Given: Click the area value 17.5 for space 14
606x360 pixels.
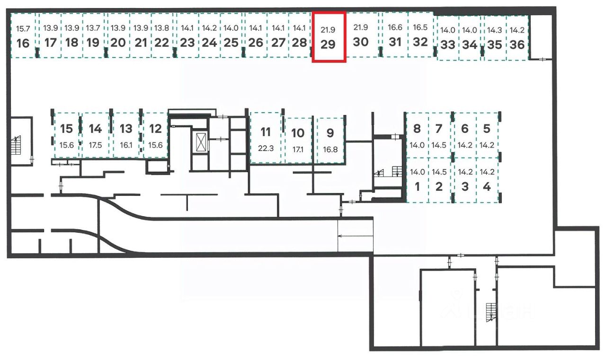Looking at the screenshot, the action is (95, 145).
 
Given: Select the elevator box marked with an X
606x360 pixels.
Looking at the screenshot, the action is (201, 142).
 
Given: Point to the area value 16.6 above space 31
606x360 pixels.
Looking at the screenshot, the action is (395, 28).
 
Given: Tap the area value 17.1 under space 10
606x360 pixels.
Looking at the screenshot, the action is (298, 149).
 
